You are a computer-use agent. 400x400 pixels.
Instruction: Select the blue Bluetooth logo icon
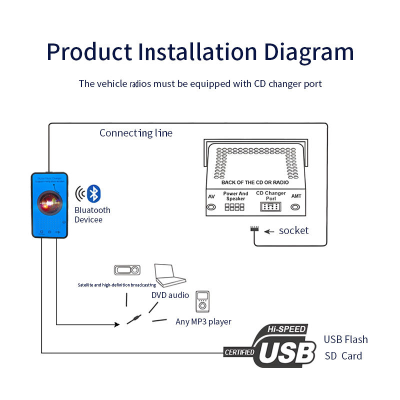(93, 193)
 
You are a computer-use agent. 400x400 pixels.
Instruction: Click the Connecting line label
(135, 133)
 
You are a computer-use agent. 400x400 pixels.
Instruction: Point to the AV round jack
(211, 206)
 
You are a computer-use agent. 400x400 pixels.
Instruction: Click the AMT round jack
(296, 206)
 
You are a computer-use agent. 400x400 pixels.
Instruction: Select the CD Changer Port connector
(270, 206)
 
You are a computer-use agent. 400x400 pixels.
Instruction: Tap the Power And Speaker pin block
(235, 206)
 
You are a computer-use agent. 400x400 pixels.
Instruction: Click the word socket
(293, 230)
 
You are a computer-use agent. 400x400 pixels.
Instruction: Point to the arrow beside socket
(269, 231)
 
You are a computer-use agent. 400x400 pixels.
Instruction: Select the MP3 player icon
(202, 301)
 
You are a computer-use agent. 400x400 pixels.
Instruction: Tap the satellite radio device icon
(127, 270)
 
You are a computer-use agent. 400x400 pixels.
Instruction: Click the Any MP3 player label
(203, 321)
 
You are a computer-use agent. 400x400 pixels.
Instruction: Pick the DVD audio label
(170, 295)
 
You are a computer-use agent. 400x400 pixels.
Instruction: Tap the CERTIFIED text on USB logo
(239, 352)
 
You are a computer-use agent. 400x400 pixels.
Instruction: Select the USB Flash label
(345, 339)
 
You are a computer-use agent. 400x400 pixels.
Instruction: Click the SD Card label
(343, 356)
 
